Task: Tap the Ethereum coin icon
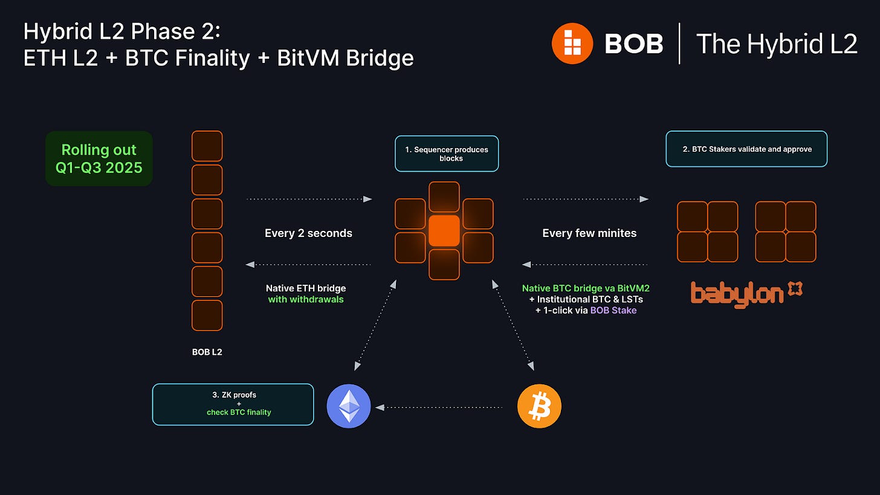coord(349,406)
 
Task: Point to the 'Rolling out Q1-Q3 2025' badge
coord(99,158)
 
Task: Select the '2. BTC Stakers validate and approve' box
coord(746,149)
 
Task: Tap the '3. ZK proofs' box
coord(233,404)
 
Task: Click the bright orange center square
coord(444,230)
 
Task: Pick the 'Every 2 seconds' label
coord(308,233)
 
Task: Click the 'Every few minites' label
coord(589,233)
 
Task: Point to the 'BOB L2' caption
coord(207,351)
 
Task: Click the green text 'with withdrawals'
coord(306,299)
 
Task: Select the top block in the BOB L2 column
coord(207,146)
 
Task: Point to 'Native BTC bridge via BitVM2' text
coord(586,288)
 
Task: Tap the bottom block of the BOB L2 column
coord(207,315)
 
